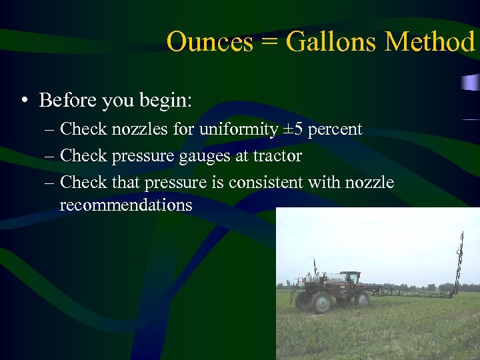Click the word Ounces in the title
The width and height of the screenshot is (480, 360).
click(209, 42)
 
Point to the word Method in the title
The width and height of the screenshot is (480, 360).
click(430, 42)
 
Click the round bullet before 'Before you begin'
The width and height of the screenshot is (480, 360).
click(24, 101)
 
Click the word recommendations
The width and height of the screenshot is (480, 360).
click(125, 205)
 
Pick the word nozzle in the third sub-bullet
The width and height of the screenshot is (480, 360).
click(370, 182)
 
